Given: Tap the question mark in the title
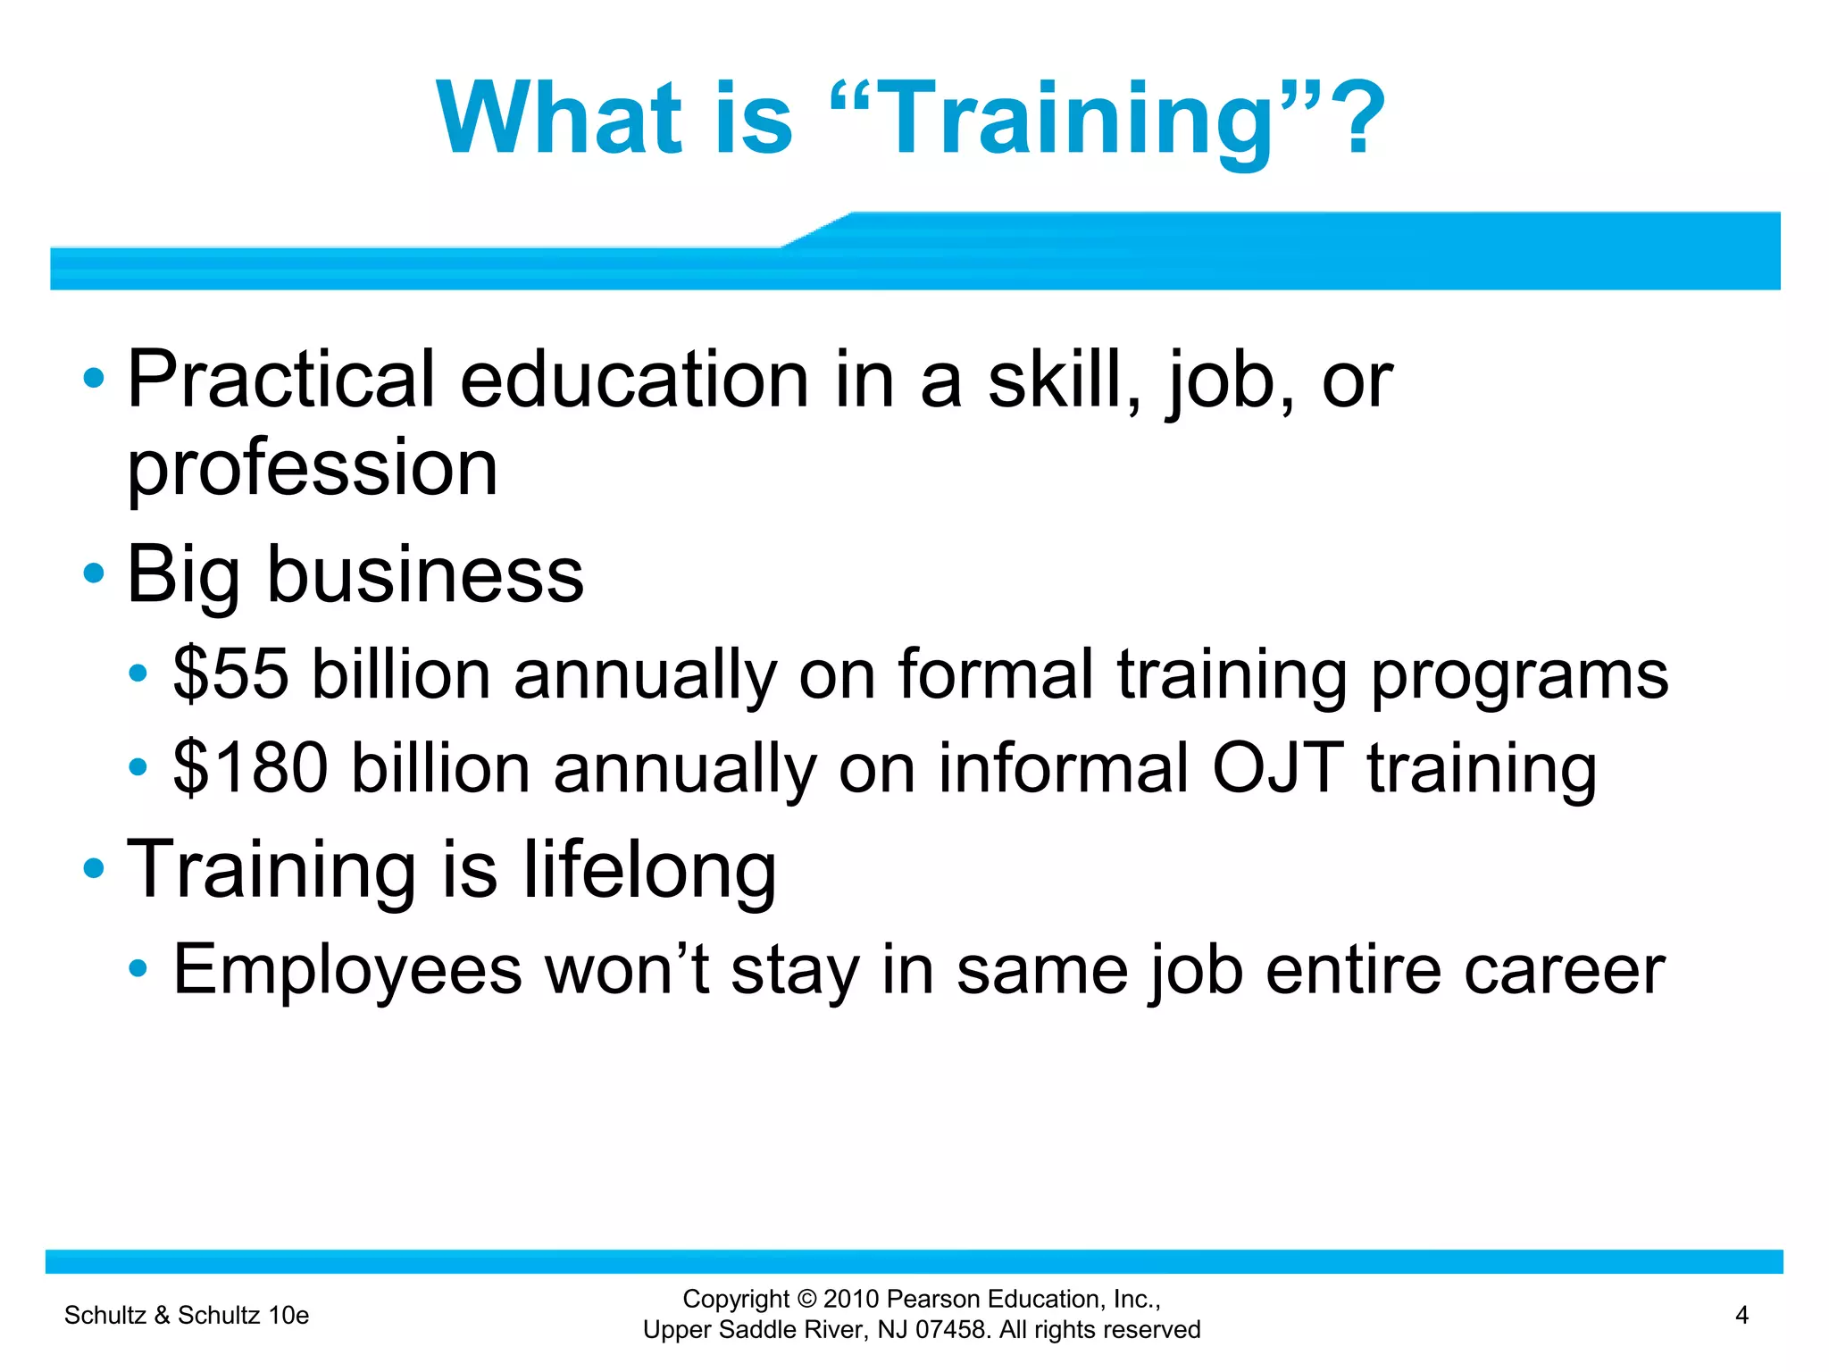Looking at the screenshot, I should (1354, 118).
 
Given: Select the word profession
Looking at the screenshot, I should (313, 469).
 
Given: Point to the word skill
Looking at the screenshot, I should (1064, 380).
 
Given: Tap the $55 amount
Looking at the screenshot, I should (231, 673).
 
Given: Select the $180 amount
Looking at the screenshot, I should (251, 768).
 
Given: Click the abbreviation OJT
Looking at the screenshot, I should (1277, 768).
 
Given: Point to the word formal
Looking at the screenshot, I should (995, 673).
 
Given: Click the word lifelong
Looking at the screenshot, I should (649, 871).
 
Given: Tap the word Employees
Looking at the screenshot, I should (347, 970).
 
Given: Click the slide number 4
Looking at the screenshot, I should (1741, 1315).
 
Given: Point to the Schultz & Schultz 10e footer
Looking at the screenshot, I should (187, 1315).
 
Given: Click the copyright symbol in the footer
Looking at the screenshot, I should (807, 1300).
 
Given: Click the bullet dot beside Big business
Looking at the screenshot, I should (94, 573).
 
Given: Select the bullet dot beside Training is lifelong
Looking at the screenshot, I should (94, 868).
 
